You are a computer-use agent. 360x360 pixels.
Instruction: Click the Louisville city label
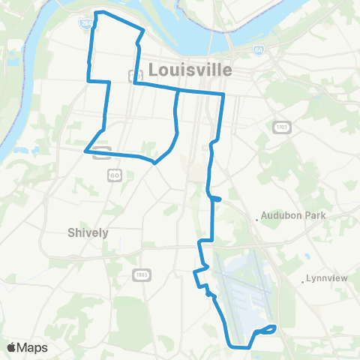coord(191,69)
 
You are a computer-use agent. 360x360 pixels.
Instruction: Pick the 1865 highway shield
coord(141,275)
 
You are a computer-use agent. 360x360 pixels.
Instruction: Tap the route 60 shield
coord(113,175)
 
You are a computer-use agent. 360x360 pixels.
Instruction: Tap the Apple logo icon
coord(12,348)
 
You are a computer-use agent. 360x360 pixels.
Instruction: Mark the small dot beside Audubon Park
coord(257,220)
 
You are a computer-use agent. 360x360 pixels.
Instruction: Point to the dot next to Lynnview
coord(302,282)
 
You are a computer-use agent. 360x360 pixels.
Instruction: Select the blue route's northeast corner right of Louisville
coord(223,94)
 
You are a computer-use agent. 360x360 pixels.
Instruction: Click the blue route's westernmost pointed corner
coord(85,151)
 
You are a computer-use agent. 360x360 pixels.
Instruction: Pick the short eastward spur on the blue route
coord(216,199)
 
